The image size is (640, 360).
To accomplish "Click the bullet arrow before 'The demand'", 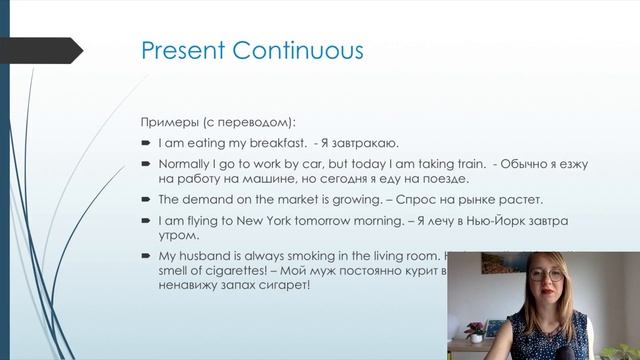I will (145, 199).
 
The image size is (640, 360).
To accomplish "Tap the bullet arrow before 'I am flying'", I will (145, 219).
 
